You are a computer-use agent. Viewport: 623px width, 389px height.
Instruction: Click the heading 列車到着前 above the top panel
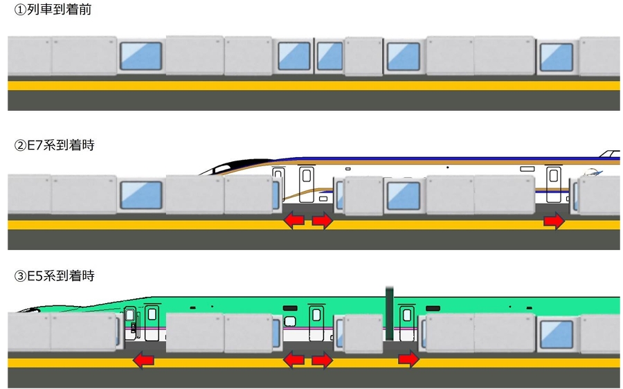coord(60,10)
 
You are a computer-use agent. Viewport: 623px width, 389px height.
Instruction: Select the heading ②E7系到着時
coord(54,145)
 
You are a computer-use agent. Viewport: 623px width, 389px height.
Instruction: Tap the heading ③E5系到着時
coord(54,275)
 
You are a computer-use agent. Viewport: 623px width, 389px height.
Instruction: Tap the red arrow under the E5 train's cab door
coord(143,360)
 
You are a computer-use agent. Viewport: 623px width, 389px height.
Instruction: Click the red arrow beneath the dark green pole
coord(408,360)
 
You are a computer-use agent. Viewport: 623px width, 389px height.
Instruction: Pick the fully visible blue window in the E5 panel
coord(557,334)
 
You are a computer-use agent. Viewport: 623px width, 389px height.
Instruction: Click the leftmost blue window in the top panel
coord(141,56)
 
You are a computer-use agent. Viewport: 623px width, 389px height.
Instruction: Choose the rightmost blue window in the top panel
coord(557,57)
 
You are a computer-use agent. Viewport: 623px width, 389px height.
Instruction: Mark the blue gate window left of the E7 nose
coord(141,195)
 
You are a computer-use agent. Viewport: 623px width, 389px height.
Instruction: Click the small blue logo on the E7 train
coord(593,172)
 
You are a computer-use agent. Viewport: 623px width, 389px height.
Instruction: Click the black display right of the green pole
coord(433,308)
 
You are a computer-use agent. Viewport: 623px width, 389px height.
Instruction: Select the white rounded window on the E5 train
coord(290,320)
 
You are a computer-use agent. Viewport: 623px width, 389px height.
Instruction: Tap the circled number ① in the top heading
coord(20,10)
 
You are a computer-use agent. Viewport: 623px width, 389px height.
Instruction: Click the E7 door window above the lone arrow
coord(554,176)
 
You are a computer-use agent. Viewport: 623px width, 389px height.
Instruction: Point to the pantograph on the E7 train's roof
coord(610,154)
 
